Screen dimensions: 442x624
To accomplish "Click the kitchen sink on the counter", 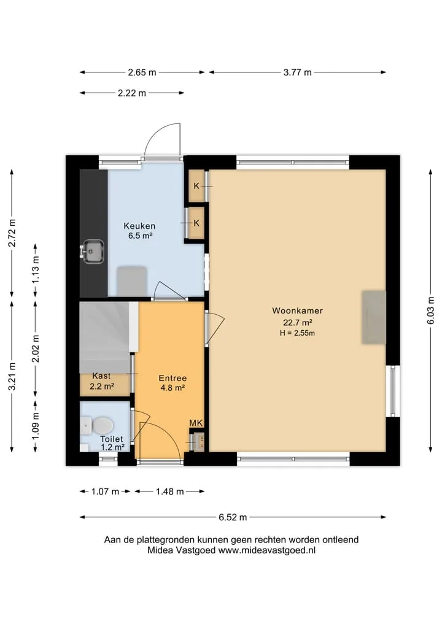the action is pos(92,251).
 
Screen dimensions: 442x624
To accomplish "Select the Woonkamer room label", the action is pos(298,310).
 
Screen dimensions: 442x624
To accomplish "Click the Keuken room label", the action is pos(139,226).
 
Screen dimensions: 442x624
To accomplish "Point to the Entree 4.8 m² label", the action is pos(173,382).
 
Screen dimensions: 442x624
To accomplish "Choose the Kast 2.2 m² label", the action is pos(101,381).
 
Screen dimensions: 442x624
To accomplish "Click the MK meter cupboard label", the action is pos(196,423).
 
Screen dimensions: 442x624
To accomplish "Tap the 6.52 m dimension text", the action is pos(233,517).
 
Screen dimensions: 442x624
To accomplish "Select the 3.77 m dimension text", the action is pos(298,72).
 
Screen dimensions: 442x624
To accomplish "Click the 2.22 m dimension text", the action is pos(132,93).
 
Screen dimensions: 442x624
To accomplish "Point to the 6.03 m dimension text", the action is pos(430,310).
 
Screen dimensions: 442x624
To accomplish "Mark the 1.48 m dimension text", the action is pos(169,491).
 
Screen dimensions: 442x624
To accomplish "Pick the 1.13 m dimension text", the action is pos(36,269).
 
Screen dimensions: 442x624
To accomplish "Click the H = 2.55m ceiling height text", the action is pos(298,333).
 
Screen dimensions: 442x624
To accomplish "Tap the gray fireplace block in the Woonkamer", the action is pos(373,317).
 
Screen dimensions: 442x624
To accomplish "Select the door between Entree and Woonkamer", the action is pos(214,328).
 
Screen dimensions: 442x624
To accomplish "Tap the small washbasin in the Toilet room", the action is pos(86,426).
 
